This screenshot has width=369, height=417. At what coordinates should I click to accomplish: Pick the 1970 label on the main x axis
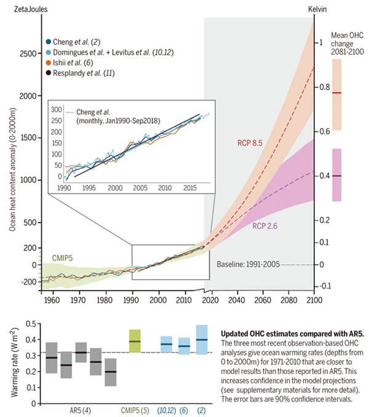(77, 300)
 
